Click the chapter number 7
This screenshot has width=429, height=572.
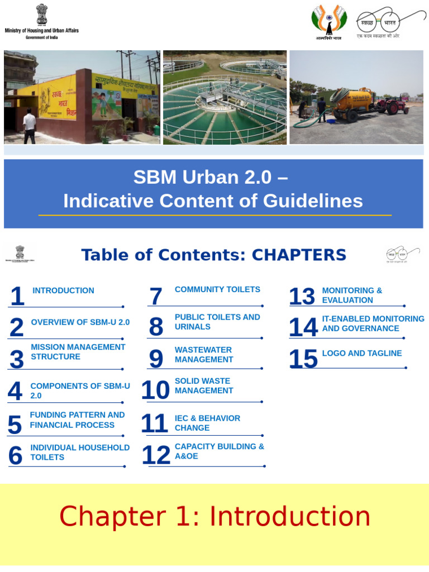tap(156, 297)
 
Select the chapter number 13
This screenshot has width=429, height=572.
tap(302, 297)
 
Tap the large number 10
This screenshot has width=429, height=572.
tap(155, 390)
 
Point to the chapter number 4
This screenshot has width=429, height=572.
tap(15, 392)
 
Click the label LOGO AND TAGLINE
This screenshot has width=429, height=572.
tap(362, 353)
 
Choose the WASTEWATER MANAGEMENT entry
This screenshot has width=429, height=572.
tap(203, 355)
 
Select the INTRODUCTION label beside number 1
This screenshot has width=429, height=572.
tap(63, 290)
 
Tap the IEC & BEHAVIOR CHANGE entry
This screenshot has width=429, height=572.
tap(207, 423)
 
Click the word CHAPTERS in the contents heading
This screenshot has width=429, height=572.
tap(299, 255)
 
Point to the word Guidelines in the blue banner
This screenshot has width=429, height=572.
tap(307, 201)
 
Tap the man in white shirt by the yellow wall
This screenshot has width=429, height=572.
tap(29, 126)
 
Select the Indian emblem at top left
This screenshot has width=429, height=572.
tap(42, 14)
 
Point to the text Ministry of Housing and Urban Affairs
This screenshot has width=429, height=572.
tap(42, 30)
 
